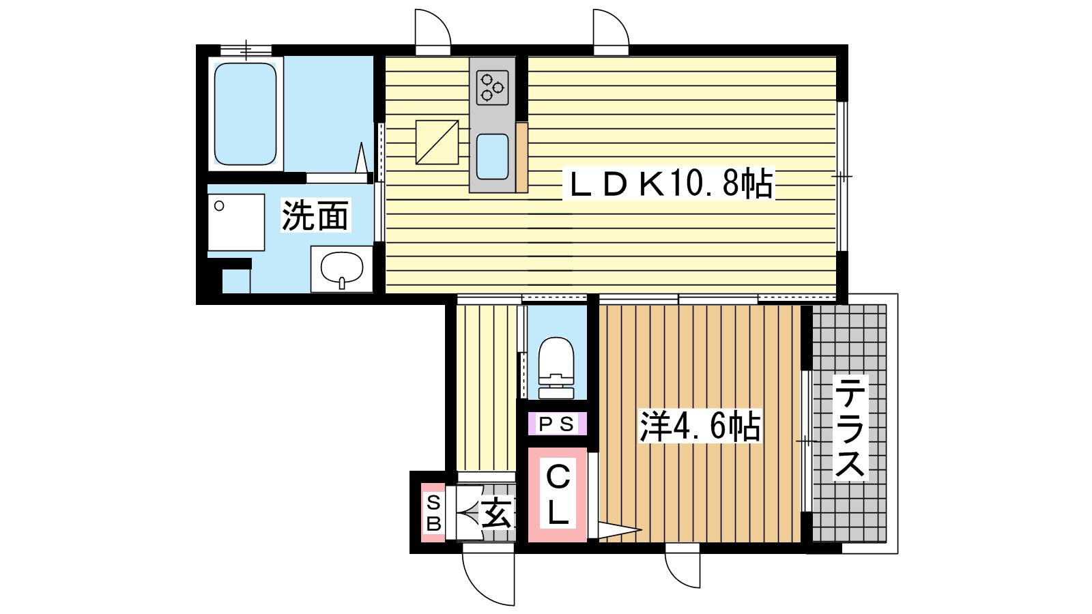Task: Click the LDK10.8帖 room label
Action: (668, 184)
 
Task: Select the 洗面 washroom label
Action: (315, 215)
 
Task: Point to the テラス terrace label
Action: (850, 427)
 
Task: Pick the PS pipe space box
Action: (557, 424)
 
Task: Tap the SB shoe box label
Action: (433, 512)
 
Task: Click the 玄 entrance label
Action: (496, 512)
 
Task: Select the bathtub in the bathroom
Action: (245, 113)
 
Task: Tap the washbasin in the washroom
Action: (341, 269)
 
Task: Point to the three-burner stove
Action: (492, 88)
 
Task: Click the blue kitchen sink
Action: (492, 156)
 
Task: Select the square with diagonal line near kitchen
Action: (437, 142)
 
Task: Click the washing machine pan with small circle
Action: (236, 222)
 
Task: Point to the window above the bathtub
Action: (246, 49)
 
